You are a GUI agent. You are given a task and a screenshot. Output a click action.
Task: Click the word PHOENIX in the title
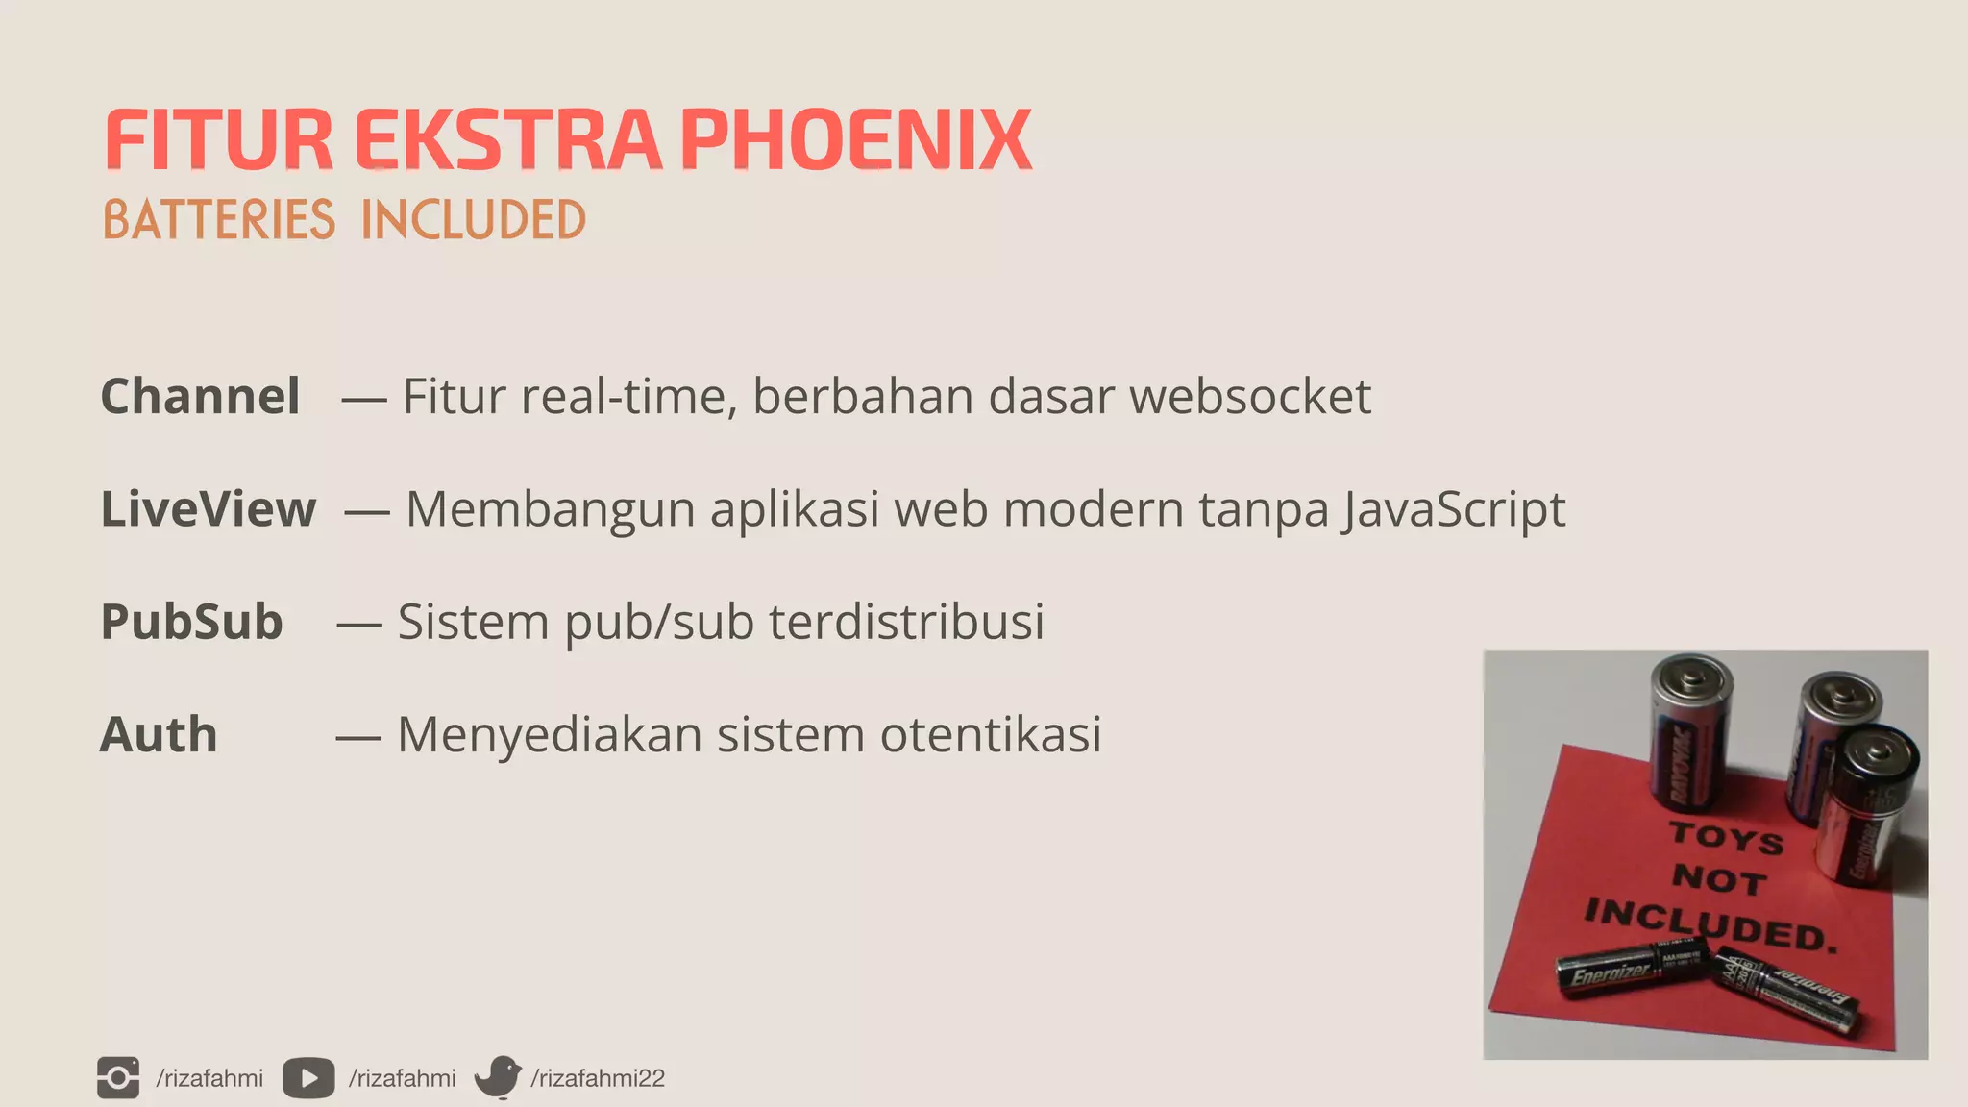tap(855, 140)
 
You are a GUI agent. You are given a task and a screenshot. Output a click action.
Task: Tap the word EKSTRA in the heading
tap(507, 140)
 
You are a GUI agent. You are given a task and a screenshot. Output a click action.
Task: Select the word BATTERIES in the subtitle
tap(219, 220)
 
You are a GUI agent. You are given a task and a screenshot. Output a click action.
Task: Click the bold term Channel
tap(200, 396)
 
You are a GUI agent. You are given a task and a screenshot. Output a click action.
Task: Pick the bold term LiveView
tap(208, 508)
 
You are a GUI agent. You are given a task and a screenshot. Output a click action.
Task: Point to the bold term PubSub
tap(191, 621)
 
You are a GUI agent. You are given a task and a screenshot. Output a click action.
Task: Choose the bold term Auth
tap(159, 734)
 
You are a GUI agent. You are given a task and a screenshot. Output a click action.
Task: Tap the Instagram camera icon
tap(118, 1077)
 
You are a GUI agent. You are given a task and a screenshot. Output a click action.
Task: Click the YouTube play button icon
tap(308, 1078)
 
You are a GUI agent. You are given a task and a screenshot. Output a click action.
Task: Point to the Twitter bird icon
tap(498, 1077)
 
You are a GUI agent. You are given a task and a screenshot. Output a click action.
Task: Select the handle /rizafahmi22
tap(598, 1078)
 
